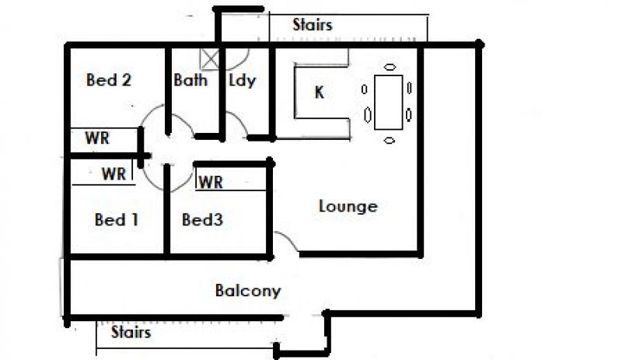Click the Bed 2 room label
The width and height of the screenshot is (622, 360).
tap(108, 80)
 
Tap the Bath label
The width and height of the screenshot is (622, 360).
tap(190, 80)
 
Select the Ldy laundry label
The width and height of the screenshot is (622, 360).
tap(242, 80)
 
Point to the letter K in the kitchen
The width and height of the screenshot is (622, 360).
tap(319, 93)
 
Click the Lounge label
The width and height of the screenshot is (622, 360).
tap(348, 206)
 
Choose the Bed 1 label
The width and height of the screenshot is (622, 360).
tap(117, 220)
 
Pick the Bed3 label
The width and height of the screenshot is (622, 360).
tap(202, 220)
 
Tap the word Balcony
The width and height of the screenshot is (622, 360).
tap(247, 292)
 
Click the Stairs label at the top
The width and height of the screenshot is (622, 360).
tap(313, 25)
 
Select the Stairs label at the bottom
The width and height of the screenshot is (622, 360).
tap(131, 333)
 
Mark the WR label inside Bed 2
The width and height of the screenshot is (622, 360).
tap(97, 139)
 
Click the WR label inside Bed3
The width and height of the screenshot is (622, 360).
tap(211, 183)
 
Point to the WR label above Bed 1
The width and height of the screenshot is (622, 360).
tap(114, 174)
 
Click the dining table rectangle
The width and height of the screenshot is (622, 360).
tap(388, 102)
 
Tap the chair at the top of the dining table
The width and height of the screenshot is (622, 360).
tap(389, 67)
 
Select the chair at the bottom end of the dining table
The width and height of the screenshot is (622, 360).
tap(389, 140)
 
